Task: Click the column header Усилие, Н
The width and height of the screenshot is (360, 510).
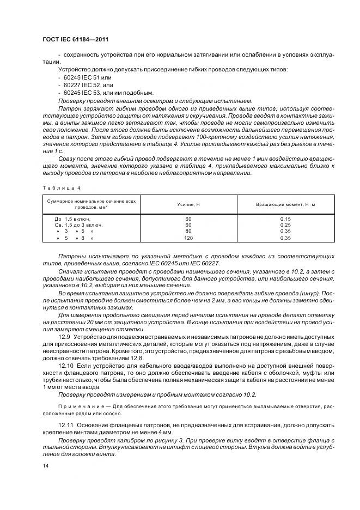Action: [188, 204]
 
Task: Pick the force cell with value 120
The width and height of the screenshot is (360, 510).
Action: [188, 238]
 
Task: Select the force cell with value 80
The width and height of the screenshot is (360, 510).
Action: [188, 231]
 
